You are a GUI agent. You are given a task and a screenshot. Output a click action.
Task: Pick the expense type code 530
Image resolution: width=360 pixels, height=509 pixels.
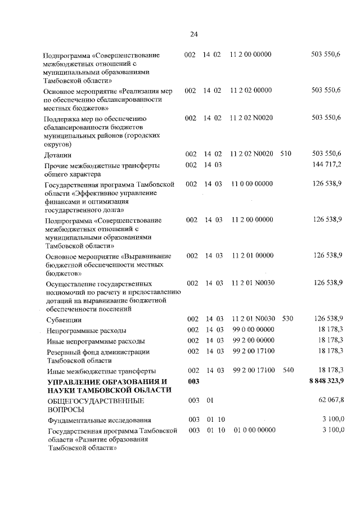pyautogui.click(x=287, y=319)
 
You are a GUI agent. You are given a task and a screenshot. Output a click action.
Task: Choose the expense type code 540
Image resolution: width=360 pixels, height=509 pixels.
pyautogui.click(x=287, y=371)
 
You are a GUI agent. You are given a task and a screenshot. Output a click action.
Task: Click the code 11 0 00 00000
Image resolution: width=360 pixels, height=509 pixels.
pyautogui.click(x=251, y=184)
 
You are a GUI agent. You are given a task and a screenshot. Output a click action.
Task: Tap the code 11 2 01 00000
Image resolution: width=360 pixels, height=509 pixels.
pyautogui.click(x=251, y=256)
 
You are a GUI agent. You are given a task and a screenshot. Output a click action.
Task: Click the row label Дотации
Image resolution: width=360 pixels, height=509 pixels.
pyautogui.click(x=57, y=155)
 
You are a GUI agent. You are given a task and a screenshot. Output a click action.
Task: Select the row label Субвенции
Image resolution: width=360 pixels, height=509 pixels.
pyautogui.click(x=61, y=319)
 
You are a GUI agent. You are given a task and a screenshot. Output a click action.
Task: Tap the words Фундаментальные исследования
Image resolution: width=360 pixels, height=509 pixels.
pyautogui.click(x=98, y=420)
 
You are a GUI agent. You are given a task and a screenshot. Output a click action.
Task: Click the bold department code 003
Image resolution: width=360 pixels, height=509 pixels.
pyautogui.click(x=193, y=382)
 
